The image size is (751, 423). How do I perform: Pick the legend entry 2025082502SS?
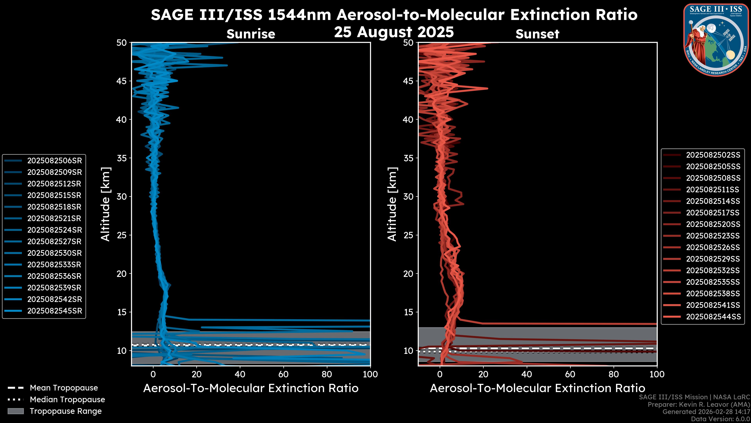(713, 155)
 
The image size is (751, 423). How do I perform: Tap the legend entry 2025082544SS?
(713, 317)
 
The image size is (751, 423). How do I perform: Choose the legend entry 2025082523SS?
(713, 236)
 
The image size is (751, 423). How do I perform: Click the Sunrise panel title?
(251, 34)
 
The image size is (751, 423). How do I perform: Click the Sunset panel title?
(537, 34)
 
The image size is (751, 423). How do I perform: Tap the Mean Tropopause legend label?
(64, 388)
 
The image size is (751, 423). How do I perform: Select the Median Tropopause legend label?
(67, 400)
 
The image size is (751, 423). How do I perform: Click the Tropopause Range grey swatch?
(15, 411)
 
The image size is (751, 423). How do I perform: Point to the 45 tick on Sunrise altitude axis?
(122, 81)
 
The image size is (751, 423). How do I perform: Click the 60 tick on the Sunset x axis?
(570, 374)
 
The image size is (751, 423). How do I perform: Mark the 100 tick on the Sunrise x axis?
(370, 374)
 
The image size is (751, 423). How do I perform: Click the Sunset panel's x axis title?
(537, 388)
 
